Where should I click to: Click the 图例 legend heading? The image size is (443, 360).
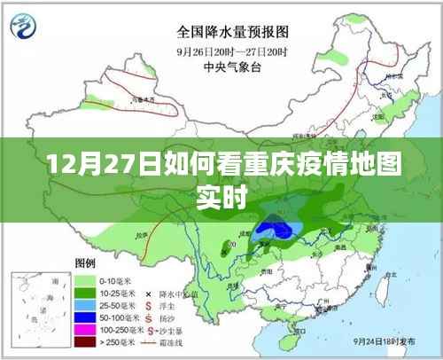coord(86,264)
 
